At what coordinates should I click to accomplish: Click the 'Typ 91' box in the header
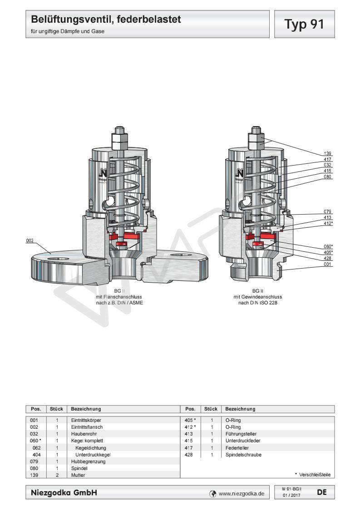(x=304, y=24)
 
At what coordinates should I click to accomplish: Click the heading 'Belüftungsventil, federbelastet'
(x=106, y=20)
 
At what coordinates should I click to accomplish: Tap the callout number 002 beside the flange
(x=30, y=241)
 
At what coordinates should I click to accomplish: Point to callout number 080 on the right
(x=327, y=176)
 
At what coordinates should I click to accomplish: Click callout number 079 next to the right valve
(x=327, y=212)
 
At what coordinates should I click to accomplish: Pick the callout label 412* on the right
(x=328, y=223)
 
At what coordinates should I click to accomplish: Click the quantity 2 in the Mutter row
(x=57, y=475)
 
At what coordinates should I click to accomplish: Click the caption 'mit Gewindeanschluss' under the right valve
(x=258, y=297)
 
